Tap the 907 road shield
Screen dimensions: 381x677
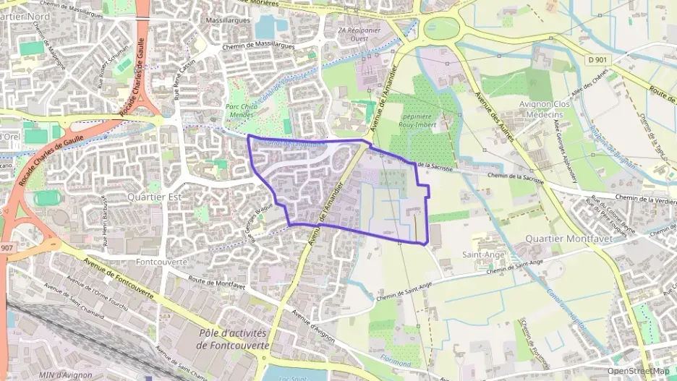click(x=6, y=248)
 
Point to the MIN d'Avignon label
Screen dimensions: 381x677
click(x=65, y=374)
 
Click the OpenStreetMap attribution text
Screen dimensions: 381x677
click(x=638, y=371)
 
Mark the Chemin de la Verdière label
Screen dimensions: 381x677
click(x=645, y=197)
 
